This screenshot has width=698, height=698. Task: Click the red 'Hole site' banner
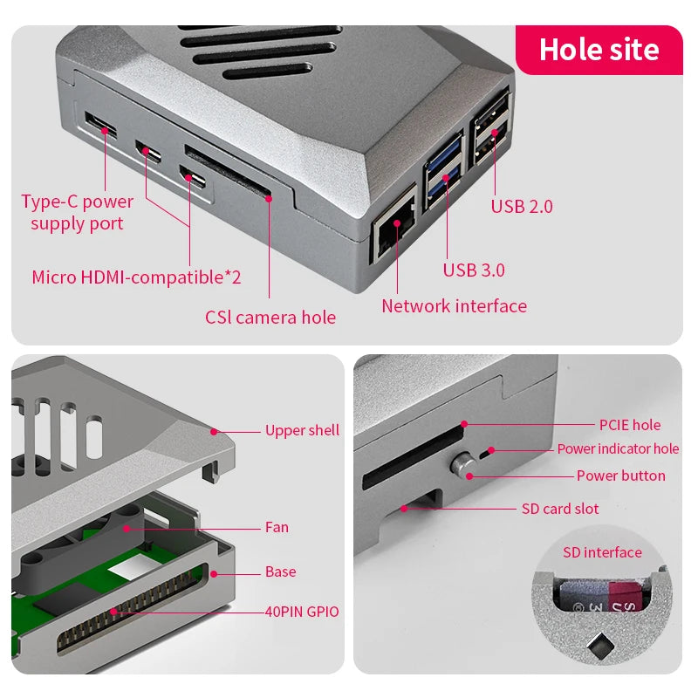click(x=599, y=50)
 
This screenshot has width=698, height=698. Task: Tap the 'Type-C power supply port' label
click(x=77, y=212)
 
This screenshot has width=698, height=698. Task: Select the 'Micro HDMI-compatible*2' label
click(x=136, y=277)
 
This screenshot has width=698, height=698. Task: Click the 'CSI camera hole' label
click(x=270, y=318)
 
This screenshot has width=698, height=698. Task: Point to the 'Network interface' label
click(x=454, y=306)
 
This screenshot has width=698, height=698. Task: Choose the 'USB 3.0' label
click(x=474, y=270)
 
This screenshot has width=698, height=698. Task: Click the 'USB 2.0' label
click(x=522, y=207)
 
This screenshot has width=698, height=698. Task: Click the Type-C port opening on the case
click(x=100, y=125)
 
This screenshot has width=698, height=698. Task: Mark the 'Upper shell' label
click(x=302, y=430)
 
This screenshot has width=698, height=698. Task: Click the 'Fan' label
click(x=277, y=527)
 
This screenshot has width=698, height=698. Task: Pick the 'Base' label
click(x=280, y=572)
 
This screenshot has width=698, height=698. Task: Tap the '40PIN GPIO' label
click(x=302, y=612)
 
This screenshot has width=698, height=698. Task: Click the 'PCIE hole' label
click(x=629, y=425)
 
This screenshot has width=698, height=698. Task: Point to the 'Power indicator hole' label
click(x=618, y=449)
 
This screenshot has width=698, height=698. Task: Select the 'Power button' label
click(x=620, y=476)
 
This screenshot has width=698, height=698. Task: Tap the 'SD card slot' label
click(x=560, y=509)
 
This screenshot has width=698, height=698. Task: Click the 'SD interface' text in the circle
click(x=602, y=552)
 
